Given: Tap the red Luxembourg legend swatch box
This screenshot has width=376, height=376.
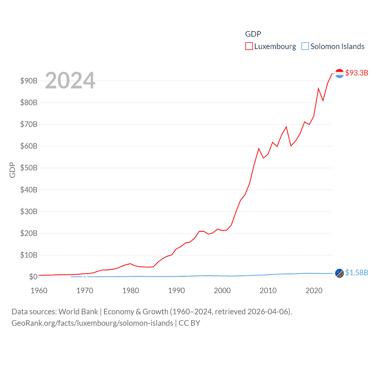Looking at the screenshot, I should click(249, 46).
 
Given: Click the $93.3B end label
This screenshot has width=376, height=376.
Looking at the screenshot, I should click(357, 73).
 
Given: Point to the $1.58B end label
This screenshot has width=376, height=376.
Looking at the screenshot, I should click(357, 273).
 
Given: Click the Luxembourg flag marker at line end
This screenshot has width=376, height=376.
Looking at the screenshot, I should click(339, 73).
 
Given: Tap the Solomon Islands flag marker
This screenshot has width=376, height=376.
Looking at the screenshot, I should click(339, 273).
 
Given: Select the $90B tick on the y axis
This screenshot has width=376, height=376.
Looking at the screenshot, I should click(29, 81).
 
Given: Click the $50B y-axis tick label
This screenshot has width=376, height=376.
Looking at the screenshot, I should click(29, 168).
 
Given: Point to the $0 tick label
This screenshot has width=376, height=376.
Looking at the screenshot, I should click(33, 277).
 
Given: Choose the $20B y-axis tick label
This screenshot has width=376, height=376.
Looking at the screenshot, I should click(29, 233).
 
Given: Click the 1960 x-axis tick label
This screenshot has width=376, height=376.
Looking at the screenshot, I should click(39, 291).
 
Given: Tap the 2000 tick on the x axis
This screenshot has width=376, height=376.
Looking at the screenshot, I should click(222, 291).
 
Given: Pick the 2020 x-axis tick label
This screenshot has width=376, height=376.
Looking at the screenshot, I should click(314, 291).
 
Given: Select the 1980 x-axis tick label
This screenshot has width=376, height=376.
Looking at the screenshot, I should click(131, 291).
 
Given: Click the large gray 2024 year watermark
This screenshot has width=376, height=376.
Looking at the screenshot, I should click(70, 80).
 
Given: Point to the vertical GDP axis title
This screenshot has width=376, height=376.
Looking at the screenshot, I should click(12, 170).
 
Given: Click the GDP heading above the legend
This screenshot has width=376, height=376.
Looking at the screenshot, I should click(253, 34).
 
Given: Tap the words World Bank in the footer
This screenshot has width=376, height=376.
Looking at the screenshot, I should click(78, 311).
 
